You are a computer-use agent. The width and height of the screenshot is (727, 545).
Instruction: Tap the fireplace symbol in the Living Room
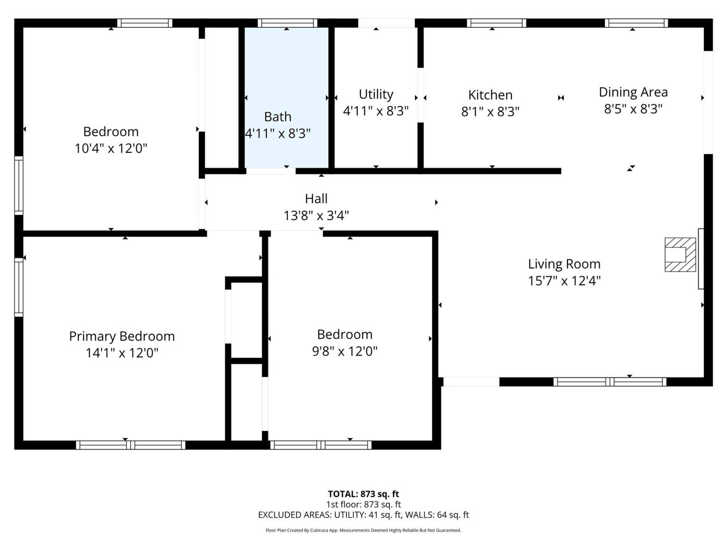680,255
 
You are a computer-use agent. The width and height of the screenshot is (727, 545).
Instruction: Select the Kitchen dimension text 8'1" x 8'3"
490,112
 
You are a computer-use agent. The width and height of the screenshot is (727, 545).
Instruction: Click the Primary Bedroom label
122,336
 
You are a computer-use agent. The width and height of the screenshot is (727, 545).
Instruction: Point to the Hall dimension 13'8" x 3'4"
316,216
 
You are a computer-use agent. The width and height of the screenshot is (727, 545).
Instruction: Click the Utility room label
376,94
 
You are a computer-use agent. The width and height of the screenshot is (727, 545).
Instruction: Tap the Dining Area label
633,92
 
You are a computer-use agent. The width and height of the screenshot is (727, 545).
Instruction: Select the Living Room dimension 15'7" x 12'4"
564,281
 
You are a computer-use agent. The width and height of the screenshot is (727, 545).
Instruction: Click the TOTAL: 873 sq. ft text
363,494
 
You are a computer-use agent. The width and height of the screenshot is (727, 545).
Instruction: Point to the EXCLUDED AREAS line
363,515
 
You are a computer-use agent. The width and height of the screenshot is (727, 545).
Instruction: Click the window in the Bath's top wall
287,23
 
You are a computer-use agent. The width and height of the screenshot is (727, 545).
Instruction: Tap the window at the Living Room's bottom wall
610,382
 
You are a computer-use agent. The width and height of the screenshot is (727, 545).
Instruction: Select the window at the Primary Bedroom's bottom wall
130,445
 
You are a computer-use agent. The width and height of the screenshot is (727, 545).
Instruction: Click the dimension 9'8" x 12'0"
345,351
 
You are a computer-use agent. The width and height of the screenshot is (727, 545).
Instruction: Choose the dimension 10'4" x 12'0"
111,148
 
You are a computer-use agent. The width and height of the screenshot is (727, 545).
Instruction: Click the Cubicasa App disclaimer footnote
363,530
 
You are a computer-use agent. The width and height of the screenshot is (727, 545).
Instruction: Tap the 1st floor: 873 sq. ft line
363,505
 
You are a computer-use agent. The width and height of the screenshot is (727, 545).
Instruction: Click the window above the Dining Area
636,23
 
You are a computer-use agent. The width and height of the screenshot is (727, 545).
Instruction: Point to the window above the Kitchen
496,23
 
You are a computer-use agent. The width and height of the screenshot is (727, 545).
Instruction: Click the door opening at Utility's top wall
386,23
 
